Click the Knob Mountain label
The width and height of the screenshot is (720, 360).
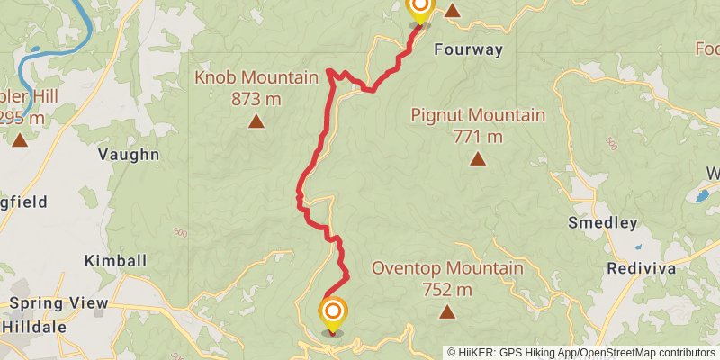point(256,78)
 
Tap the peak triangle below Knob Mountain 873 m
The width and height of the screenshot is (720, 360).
point(256,121)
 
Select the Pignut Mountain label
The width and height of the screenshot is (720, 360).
point(478,115)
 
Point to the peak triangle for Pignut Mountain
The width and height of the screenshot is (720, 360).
point(478,159)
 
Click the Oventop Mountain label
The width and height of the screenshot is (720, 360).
point(447,268)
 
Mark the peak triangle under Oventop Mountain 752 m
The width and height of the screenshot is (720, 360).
point(447,312)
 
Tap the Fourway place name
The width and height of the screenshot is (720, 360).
point(468,49)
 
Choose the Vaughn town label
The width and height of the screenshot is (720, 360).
point(129,155)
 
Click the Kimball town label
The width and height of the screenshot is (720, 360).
point(115,260)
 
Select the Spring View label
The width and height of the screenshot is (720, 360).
point(58,304)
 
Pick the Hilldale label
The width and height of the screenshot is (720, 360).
point(33,327)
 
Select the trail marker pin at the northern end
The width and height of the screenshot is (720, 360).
point(419,9)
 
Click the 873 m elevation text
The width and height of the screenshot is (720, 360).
point(253,99)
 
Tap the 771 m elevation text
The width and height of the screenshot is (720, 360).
point(477,137)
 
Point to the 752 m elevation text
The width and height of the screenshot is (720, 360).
point(447,290)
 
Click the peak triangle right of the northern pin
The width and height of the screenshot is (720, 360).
point(453,12)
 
